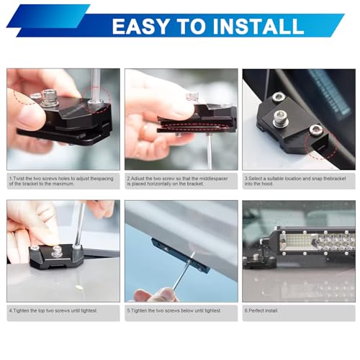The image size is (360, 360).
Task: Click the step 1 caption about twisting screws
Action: [x=61, y=181]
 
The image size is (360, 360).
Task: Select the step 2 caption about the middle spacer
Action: [x=177, y=181]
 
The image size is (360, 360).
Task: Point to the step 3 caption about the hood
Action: [x=295, y=181]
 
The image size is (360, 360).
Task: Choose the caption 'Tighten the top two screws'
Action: [x=53, y=310]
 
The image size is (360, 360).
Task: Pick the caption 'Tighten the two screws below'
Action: [x=174, y=310]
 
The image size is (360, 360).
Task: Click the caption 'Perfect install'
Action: [x=261, y=310]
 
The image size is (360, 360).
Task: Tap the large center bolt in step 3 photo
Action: [x=279, y=117]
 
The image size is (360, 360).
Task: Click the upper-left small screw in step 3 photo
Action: [x=279, y=96]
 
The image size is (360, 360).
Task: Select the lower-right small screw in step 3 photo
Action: [x=315, y=130]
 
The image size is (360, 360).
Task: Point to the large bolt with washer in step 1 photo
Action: [x=49, y=98]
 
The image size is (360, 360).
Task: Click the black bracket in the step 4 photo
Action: [x=56, y=257]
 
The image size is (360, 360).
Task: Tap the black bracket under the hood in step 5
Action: [x=181, y=254]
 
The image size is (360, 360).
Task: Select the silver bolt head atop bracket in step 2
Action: [x=192, y=96]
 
